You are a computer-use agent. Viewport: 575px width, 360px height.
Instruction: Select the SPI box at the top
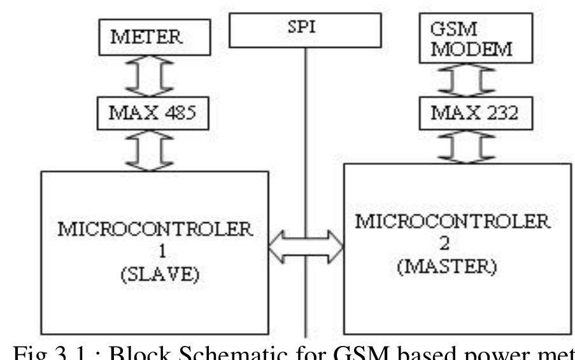[x=305, y=28]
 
